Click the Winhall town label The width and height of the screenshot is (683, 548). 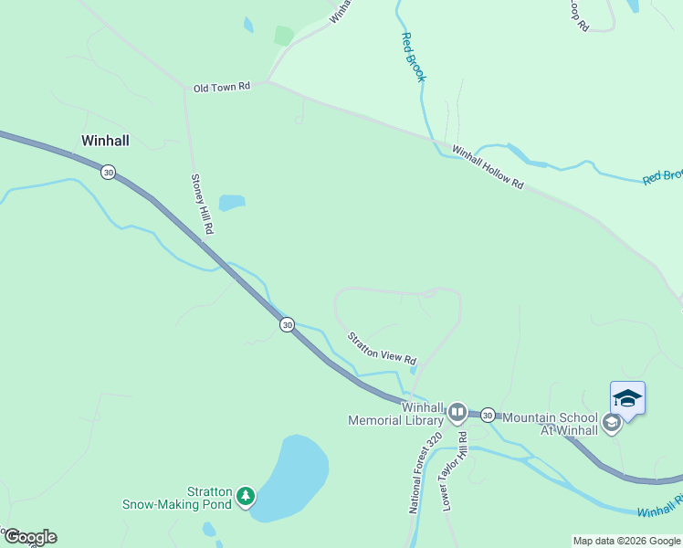[x=105, y=141]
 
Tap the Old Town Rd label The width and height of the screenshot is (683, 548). [x=221, y=88]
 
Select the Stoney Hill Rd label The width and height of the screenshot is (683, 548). [x=201, y=205]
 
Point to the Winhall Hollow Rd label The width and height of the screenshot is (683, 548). [x=488, y=168]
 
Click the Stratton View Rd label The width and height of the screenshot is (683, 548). [x=381, y=348]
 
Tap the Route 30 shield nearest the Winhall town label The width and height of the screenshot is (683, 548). [x=109, y=172]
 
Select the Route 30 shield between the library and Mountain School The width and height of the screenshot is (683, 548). [x=488, y=414]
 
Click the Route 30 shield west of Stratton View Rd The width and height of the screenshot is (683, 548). [x=287, y=324]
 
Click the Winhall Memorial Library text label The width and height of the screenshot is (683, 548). [x=396, y=414]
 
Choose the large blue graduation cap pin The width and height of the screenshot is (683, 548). [x=627, y=398]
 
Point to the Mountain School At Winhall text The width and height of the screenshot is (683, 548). [x=550, y=423]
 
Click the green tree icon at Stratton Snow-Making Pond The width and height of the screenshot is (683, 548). [x=245, y=496]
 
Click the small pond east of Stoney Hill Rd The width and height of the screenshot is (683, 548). [x=232, y=202]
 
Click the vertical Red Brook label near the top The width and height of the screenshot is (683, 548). [x=413, y=58]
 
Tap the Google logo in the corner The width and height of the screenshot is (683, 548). [x=29, y=537]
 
